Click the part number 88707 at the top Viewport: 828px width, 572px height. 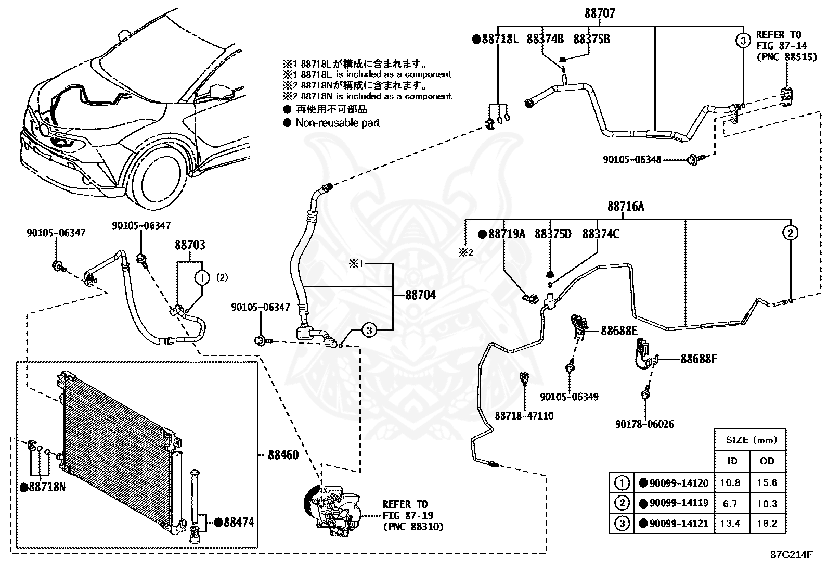[x=600, y=14]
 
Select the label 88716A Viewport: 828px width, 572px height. [x=626, y=207]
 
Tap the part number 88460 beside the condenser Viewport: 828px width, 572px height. [x=283, y=455]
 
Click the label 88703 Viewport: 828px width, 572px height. [x=190, y=245]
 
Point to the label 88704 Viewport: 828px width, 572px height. [x=421, y=295]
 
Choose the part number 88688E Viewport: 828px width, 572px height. [x=619, y=331]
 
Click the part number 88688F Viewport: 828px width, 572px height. [x=699, y=359]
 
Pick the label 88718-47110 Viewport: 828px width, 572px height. [x=524, y=416]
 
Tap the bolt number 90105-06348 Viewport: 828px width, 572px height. [x=632, y=160]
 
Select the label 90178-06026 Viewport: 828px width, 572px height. [x=644, y=424]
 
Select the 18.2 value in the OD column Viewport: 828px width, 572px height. [x=767, y=524]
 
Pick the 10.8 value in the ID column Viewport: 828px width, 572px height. [x=730, y=483]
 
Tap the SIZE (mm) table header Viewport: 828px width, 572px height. [x=752, y=440]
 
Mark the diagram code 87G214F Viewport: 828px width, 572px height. [x=792, y=555]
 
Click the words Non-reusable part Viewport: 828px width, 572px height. [x=338, y=123]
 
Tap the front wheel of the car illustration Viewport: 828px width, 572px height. [x=160, y=176]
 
